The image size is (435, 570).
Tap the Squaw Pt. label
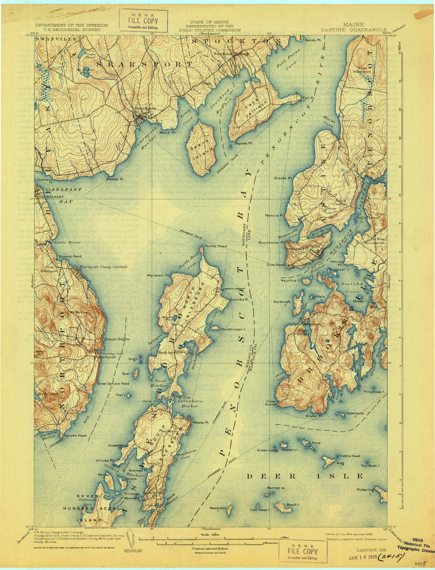tap(244, 143)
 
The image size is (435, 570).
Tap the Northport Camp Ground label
tap(103, 267)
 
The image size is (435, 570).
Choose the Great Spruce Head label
tap(113, 383)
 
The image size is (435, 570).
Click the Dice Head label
tap(275, 265)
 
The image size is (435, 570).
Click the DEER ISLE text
tap(305, 476)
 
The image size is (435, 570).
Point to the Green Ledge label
tap(268, 450)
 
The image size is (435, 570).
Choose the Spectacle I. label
tap(355, 414)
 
